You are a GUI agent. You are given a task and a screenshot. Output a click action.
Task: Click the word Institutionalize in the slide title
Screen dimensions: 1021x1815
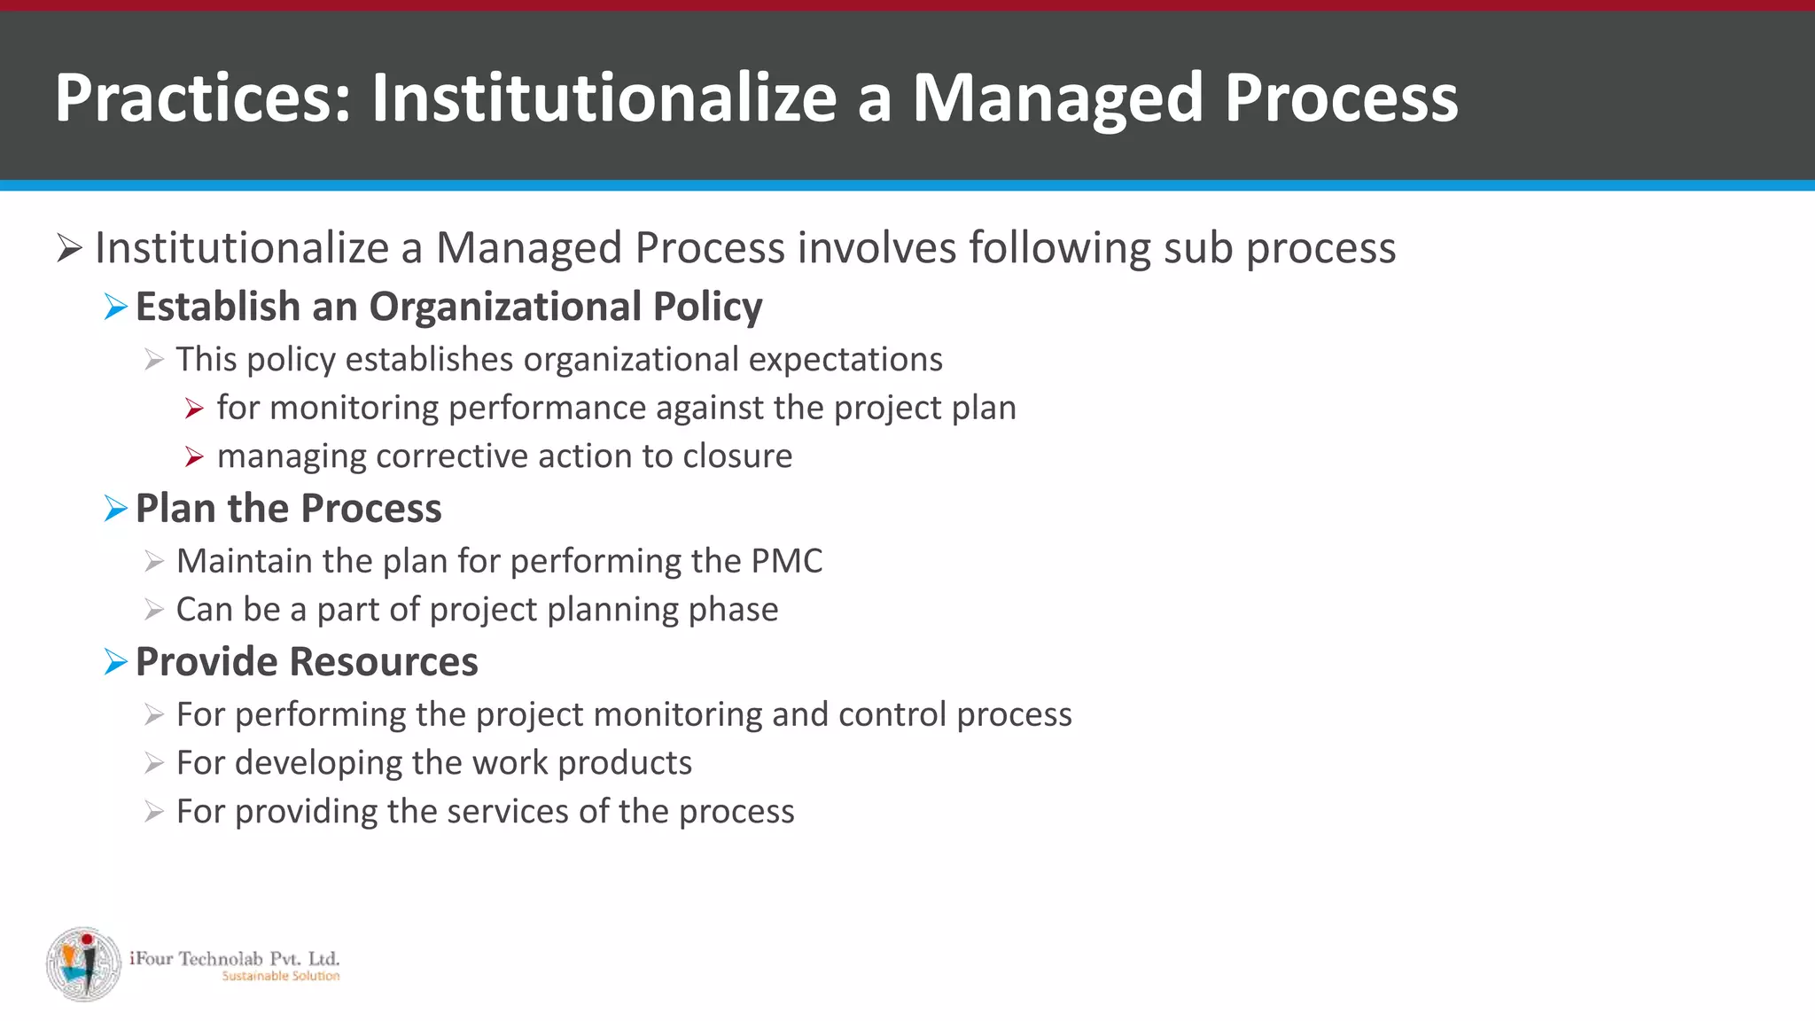(604, 97)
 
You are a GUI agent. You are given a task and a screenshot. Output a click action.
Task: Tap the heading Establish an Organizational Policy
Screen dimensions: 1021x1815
(448, 307)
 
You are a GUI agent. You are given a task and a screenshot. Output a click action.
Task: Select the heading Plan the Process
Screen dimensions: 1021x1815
(288, 509)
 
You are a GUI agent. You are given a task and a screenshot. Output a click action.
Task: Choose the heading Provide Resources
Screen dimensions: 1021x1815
(307, 662)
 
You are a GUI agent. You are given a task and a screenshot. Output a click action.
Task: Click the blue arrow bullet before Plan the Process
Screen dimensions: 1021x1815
(115, 509)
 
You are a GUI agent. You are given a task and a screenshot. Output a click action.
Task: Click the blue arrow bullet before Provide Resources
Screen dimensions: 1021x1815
(115, 662)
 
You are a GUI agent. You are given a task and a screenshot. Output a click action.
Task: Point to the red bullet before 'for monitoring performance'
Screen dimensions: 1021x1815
(194, 409)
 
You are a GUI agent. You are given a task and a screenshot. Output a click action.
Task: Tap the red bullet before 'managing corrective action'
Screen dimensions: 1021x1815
(194, 457)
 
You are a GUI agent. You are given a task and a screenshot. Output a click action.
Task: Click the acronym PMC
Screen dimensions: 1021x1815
(786, 561)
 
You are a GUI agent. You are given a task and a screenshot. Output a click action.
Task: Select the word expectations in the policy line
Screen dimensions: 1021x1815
(845, 360)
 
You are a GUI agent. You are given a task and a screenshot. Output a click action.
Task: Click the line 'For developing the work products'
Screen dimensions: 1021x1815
(433, 763)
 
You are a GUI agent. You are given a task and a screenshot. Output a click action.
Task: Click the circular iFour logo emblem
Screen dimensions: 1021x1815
(83, 965)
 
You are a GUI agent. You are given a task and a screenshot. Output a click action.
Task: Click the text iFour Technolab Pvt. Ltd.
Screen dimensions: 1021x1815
(234, 958)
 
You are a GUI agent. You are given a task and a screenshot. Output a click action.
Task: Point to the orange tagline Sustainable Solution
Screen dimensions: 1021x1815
(280, 976)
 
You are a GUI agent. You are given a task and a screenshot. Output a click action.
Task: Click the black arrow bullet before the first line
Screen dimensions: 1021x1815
(69, 247)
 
